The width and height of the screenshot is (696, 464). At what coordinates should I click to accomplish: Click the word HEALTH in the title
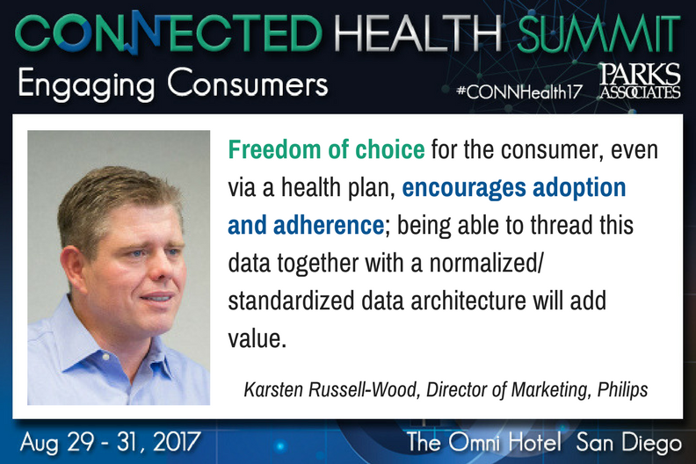417,33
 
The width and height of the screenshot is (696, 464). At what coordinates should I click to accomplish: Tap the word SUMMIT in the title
598,33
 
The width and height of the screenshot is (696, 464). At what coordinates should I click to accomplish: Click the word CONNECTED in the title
169,33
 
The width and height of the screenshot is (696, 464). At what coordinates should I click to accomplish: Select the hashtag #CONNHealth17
518,92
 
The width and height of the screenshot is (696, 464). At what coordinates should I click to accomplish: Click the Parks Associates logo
640,81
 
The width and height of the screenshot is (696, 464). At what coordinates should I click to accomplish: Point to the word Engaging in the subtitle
86,84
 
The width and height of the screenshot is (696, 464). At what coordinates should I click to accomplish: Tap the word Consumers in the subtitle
248,83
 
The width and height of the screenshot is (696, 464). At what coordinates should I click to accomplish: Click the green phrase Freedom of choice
326,149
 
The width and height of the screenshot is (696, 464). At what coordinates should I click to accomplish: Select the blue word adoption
579,188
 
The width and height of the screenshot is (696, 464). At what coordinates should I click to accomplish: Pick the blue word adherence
329,225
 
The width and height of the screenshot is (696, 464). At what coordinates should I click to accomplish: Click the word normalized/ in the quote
486,263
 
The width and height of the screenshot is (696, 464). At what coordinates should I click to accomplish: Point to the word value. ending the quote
257,339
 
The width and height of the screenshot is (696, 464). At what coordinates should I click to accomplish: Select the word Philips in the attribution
622,389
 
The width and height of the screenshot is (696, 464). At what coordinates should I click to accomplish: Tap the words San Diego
628,443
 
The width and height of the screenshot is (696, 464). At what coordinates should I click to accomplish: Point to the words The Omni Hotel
484,442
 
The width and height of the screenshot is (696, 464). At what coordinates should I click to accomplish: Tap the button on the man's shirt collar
105,357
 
